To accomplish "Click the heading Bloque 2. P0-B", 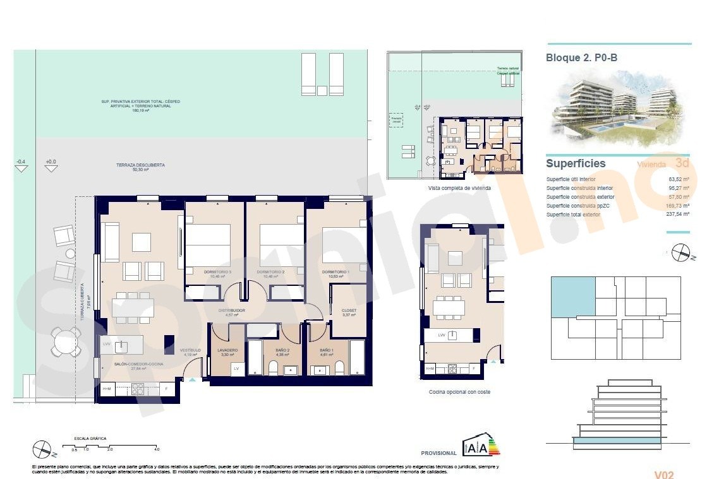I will (581, 57).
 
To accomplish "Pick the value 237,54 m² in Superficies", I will (679, 215).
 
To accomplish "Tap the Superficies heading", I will (576, 163).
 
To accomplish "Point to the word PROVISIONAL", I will (438, 453).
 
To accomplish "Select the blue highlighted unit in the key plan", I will (573, 297).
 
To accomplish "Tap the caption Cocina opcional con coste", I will (459, 392).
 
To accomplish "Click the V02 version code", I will (665, 475).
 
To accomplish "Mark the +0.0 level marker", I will (51, 162).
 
